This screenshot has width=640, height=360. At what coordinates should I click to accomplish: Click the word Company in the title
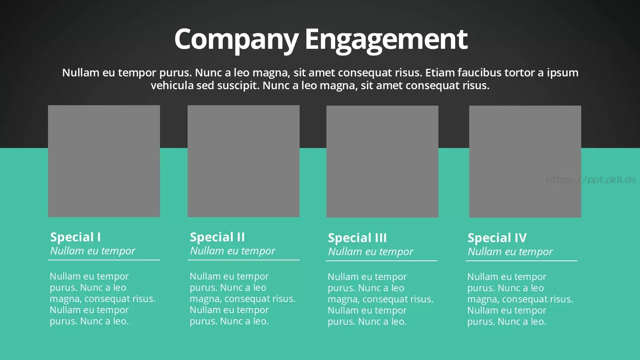tap(236, 40)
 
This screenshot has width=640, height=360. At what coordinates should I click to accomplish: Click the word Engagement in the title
tap(386, 40)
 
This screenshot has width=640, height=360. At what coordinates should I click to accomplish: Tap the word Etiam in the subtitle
tap(440, 72)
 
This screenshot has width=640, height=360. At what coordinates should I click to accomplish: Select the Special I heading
tap(76, 237)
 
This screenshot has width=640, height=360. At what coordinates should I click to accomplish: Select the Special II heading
tap(218, 237)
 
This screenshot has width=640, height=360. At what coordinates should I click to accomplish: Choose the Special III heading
tap(357, 238)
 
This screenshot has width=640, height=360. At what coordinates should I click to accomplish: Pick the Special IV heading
tap(497, 238)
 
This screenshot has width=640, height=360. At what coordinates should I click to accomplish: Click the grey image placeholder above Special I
tap(104, 161)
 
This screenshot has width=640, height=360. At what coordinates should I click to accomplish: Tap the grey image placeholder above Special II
tap(244, 161)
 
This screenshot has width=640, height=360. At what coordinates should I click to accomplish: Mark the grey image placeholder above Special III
tap(382, 162)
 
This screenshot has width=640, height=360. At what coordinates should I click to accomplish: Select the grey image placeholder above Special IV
tap(525, 162)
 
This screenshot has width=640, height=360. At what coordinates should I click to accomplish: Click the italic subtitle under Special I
tap(92, 251)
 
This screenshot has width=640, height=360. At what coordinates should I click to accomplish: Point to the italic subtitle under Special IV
tap(510, 252)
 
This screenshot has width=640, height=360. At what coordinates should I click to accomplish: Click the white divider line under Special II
tap(244, 260)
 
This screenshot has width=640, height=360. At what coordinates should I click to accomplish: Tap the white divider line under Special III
tap(382, 261)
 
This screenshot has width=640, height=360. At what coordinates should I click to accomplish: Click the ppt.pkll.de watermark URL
tap(591, 180)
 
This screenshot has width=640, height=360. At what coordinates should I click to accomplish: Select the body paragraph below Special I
tap(102, 299)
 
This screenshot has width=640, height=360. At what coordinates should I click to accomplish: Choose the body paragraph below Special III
tap(380, 299)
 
